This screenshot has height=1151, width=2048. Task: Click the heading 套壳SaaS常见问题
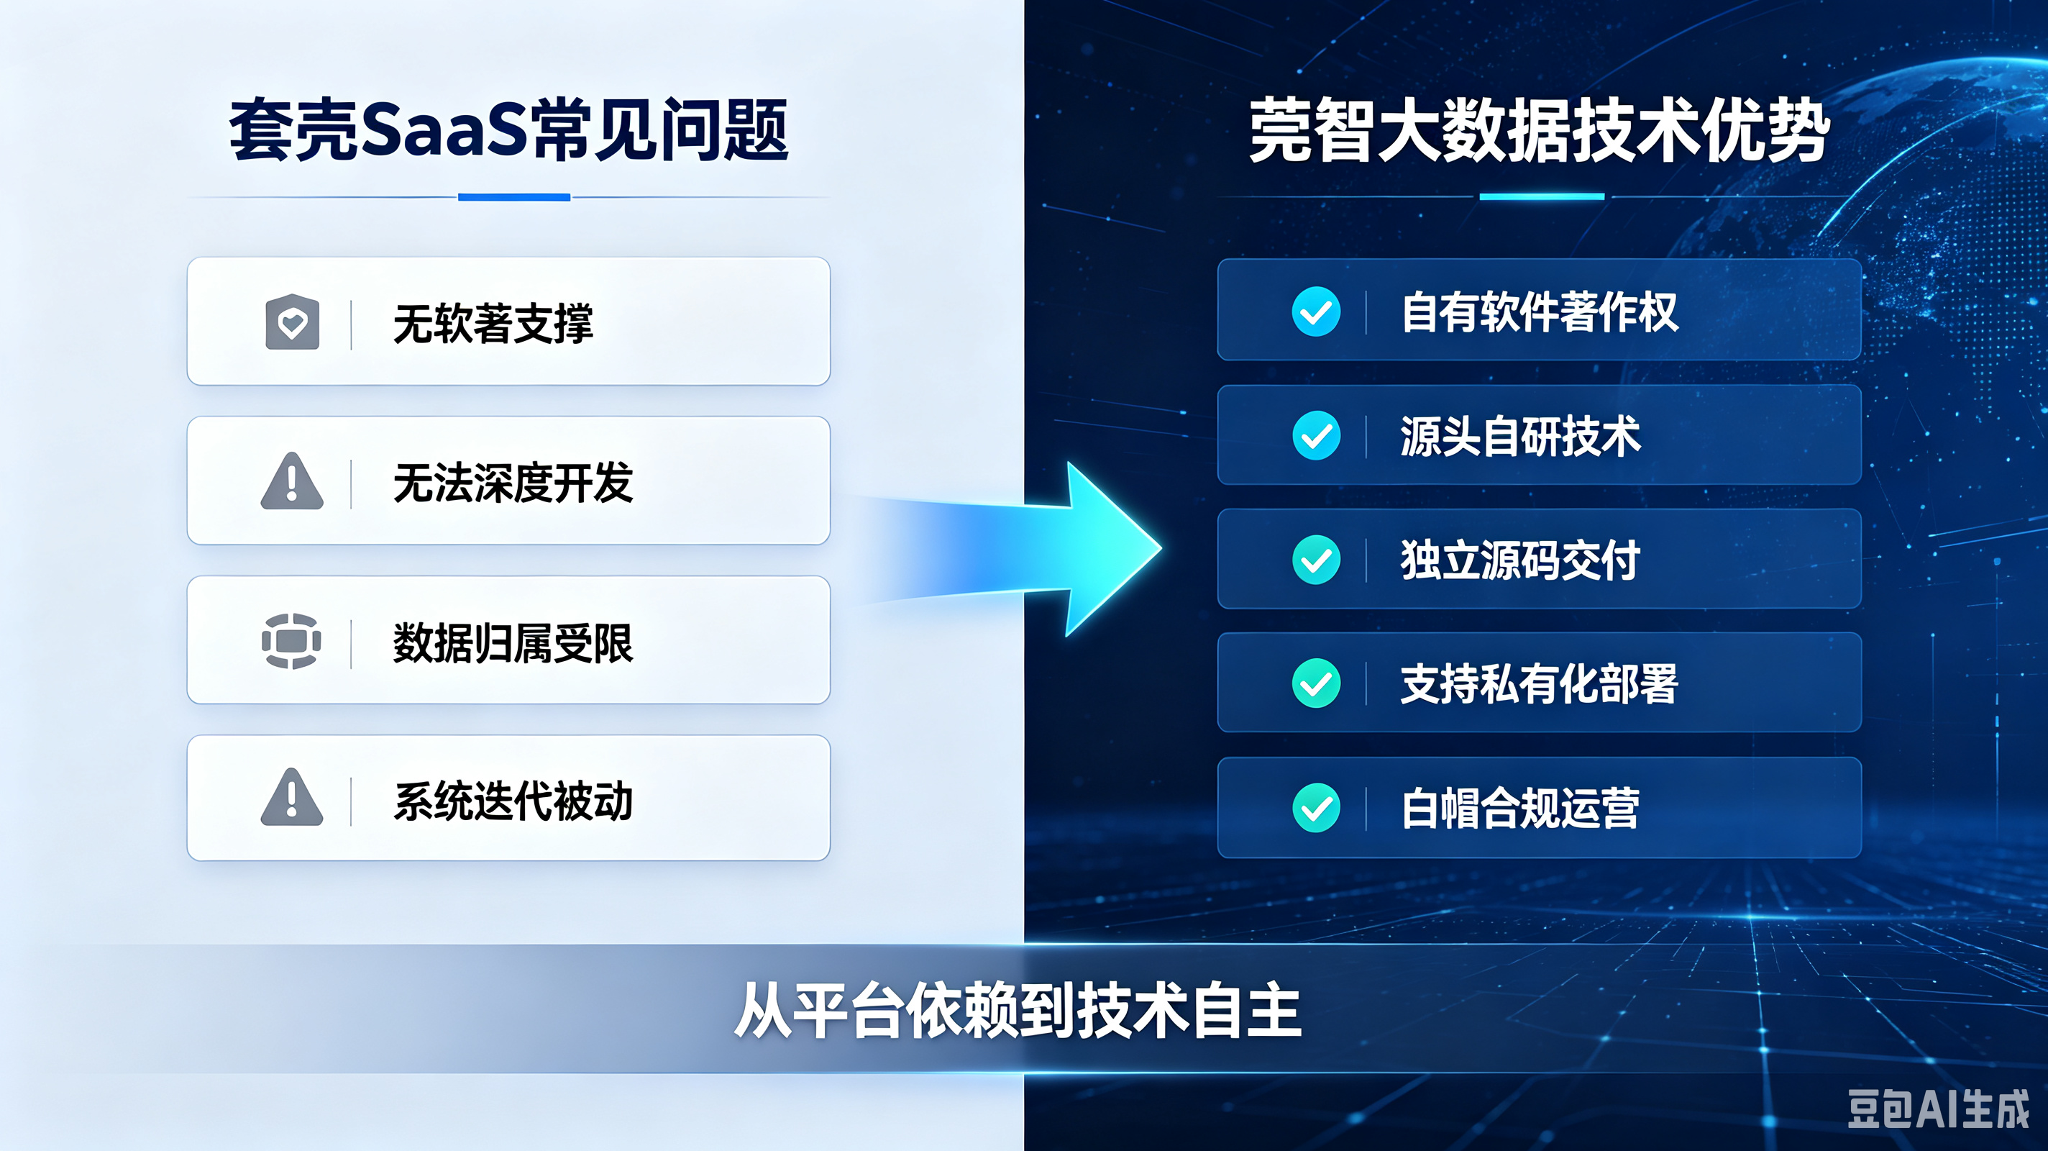point(509,129)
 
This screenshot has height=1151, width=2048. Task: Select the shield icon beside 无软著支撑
point(293,322)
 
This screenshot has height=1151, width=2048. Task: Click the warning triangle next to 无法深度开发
point(292,481)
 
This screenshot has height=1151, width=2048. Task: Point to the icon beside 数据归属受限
point(292,640)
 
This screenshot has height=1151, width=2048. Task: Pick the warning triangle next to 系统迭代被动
point(292,798)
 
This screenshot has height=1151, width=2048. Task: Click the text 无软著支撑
point(493,323)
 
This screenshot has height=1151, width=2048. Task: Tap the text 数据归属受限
point(513,642)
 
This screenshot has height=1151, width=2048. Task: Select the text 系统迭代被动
point(513,800)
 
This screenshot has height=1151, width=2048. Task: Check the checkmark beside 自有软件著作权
point(1316,311)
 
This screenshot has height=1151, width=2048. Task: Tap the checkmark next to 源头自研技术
point(1316,435)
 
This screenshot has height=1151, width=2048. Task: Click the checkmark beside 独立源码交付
point(1316,559)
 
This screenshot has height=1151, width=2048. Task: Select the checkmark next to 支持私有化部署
point(1316,683)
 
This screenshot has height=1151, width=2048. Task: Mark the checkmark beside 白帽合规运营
point(1316,807)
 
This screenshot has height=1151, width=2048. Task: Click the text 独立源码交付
point(1520,560)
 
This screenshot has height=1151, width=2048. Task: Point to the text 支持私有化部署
point(1539,683)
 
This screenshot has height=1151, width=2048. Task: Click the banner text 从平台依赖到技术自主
point(1018,1010)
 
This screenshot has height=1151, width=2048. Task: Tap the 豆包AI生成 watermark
point(1937,1109)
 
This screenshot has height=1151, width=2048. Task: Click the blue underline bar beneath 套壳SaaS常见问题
point(514,197)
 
